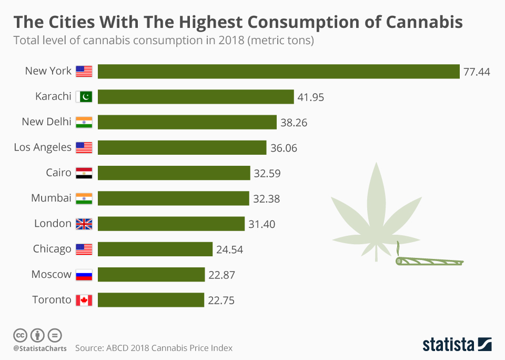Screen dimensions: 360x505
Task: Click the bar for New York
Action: [x=279, y=72]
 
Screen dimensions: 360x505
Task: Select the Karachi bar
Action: [x=196, y=97]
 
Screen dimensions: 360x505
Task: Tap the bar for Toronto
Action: [x=151, y=300]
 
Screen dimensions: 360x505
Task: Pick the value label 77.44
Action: [x=477, y=72]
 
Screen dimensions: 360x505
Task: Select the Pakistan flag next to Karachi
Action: [x=84, y=97]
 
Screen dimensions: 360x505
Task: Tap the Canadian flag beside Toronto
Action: [x=84, y=300]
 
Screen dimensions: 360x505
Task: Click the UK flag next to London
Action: [x=84, y=224]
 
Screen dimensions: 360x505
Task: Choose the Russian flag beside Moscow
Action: [x=84, y=275]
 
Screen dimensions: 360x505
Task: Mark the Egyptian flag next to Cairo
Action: [x=84, y=173]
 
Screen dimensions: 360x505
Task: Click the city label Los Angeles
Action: [x=43, y=147]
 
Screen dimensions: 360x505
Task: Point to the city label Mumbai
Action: [x=51, y=198]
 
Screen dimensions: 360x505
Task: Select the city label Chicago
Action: [x=52, y=249]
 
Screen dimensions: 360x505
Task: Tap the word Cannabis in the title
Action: [x=424, y=22]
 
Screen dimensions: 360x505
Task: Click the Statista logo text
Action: [x=448, y=345]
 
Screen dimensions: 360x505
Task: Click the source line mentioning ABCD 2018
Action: [x=154, y=348]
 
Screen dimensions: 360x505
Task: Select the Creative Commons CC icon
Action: [x=21, y=335]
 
